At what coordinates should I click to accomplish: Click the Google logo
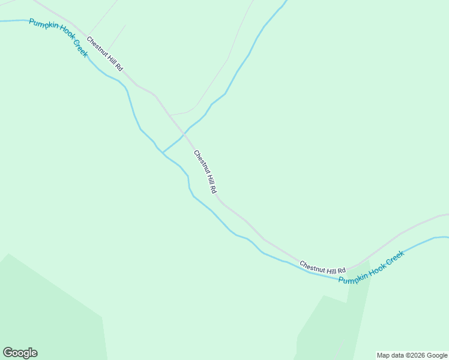[20, 353]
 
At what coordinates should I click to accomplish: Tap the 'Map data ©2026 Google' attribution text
[411, 355]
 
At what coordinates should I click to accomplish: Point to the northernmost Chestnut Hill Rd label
[104, 54]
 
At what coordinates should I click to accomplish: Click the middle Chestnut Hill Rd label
[205, 172]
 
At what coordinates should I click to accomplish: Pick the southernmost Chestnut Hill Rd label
[323, 267]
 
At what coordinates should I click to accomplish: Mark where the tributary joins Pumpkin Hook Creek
[163, 152]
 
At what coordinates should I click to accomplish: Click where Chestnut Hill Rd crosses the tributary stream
[184, 133]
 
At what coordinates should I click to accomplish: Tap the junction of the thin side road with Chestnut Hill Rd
[170, 115]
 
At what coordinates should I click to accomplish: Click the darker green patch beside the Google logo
[54, 312]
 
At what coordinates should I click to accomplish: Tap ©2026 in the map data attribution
[411, 355]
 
